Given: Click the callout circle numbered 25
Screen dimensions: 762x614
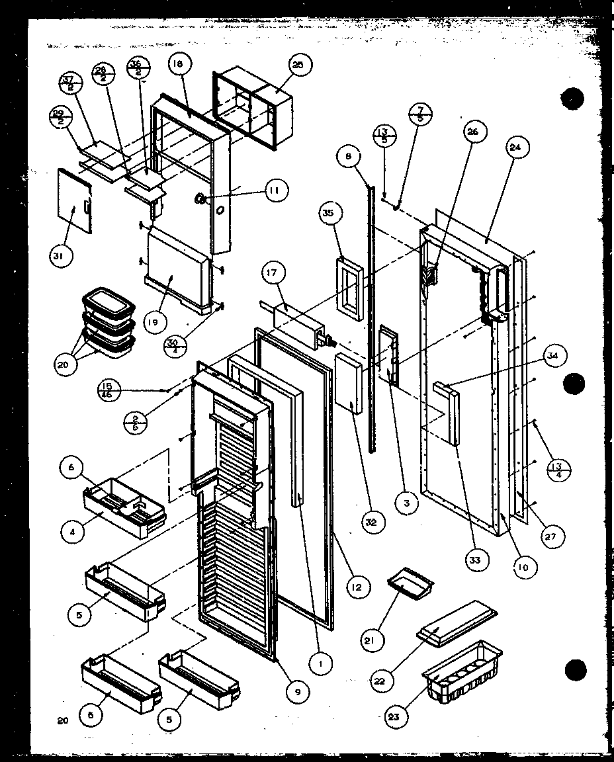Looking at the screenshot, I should (x=300, y=65).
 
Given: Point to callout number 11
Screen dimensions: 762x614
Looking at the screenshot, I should (x=273, y=191).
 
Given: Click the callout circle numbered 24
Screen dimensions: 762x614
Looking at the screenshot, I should (x=515, y=149).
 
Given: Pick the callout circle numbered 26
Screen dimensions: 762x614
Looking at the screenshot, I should (x=472, y=132).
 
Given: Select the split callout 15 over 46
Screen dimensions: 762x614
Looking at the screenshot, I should (x=107, y=390).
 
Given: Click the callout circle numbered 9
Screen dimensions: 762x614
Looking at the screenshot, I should (x=298, y=692).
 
